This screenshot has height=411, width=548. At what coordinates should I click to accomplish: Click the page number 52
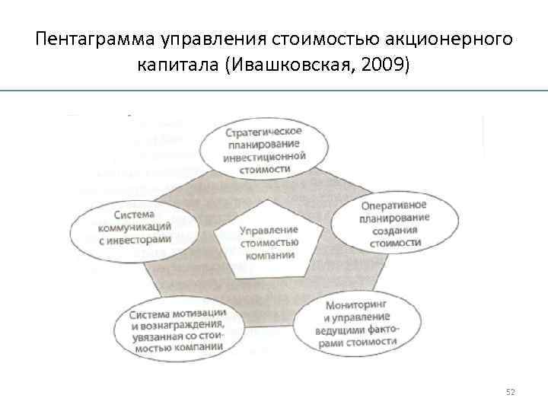[511, 392]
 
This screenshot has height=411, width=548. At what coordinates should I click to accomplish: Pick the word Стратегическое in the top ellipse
[264, 132]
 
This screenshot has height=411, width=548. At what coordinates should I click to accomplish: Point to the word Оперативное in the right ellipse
[393, 206]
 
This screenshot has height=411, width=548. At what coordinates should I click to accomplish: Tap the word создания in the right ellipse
[395, 231]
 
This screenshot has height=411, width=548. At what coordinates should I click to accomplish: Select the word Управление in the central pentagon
[269, 230]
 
